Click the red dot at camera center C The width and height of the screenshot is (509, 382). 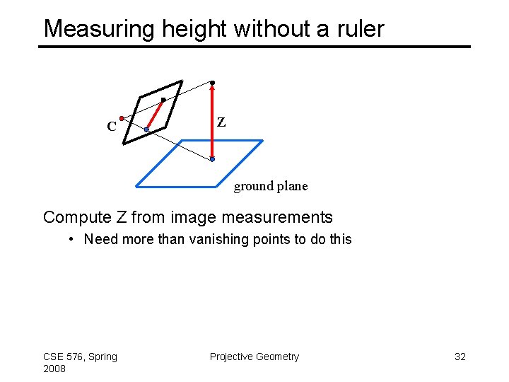tap(122, 117)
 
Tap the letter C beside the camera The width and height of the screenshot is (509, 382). tap(111, 127)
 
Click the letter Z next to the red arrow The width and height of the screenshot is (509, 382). tap(221, 122)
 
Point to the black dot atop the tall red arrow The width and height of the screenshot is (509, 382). tap(212, 83)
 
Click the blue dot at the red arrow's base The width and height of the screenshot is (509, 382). tap(212, 160)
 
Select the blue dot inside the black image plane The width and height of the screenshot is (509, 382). tap(146, 129)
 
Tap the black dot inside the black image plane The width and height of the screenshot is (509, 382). tap(163, 100)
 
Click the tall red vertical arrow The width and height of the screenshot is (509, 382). tap(212, 124)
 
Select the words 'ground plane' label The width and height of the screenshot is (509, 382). tap(271, 186)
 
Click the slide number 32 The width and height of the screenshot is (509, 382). tap(460, 357)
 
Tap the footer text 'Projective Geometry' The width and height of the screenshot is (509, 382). tap(255, 357)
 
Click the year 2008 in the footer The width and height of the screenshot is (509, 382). tap(54, 369)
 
